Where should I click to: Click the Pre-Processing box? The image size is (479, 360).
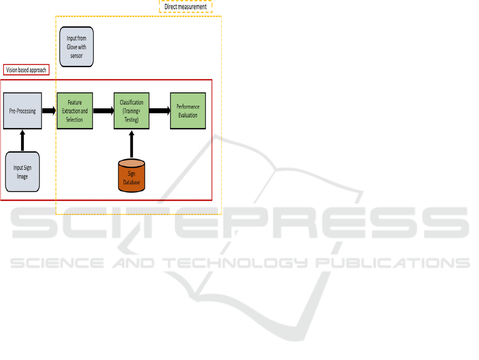tap(22, 111)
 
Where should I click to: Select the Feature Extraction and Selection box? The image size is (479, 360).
tap(74, 111)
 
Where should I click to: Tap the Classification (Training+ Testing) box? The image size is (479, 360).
tap(132, 111)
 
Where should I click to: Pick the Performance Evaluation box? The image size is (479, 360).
tap(187, 111)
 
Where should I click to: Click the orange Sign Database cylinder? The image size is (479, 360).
tap(132, 175)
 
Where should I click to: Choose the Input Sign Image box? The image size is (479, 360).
tap(22, 172)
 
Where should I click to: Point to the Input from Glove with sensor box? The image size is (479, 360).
tap(76, 47)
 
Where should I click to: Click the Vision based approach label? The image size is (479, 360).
tap(26, 70)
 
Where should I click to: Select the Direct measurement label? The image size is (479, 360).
tap(185, 6)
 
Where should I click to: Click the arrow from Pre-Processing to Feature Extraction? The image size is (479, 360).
tap(49, 111)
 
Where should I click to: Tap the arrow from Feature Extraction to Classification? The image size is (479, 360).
tap(104, 111)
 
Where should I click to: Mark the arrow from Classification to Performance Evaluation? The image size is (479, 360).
tap(159, 111)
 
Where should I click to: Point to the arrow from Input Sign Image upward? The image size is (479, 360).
tap(22, 140)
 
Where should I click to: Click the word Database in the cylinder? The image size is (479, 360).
tap(132, 182)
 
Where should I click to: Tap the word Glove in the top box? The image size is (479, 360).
tap(68, 47)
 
